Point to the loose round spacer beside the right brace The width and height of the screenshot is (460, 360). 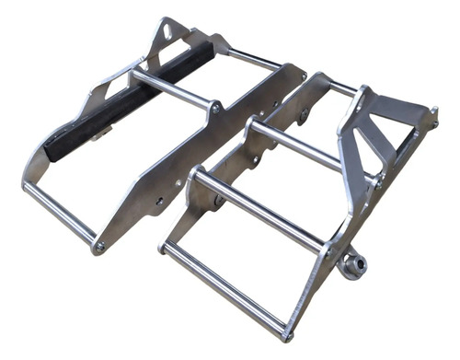pyautogui.click(x=351, y=265)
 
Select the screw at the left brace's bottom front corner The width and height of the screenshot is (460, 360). pyautogui.click(x=99, y=247)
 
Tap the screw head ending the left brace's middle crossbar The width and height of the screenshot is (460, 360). pyautogui.click(x=215, y=108)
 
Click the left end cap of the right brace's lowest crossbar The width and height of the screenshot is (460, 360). pyautogui.click(x=164, y=248)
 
